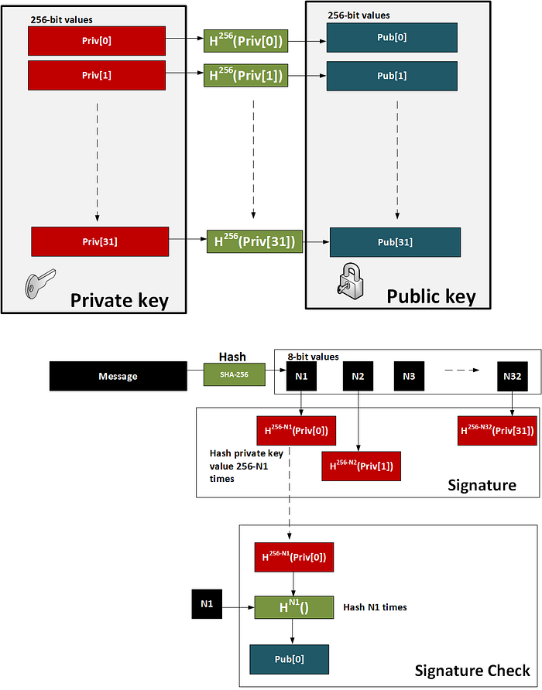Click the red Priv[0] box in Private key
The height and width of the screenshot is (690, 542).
[97, 41]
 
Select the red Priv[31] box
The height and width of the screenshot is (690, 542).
[100, 241]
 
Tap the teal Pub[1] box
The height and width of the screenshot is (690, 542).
[392, 76]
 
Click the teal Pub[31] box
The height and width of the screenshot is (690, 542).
[395, 242]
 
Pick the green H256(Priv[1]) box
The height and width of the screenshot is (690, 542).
[245, 75]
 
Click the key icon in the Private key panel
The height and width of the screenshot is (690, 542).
[40, 283]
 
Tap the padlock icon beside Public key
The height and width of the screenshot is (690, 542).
[351, 282]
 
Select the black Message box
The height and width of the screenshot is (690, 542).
[118, 376]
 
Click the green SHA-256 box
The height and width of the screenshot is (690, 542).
[235, 374]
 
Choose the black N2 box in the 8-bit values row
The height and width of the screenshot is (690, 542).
[358, 376]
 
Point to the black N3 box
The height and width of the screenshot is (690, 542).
[409, 376]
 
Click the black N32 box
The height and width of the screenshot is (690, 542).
[513, 376]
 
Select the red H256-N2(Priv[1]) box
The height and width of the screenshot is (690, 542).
[362, 466]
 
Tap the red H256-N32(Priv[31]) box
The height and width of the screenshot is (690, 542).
[497, 430]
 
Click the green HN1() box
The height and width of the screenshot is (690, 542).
[294, 607]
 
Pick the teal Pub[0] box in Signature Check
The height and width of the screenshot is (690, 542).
[289, 659]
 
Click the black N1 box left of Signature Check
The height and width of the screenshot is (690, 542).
[207, 603]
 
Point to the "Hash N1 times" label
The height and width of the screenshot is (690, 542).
[375, 607]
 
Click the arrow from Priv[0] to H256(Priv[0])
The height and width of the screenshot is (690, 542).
[184, 39]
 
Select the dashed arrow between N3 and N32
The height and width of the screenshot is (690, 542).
[461, 370]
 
